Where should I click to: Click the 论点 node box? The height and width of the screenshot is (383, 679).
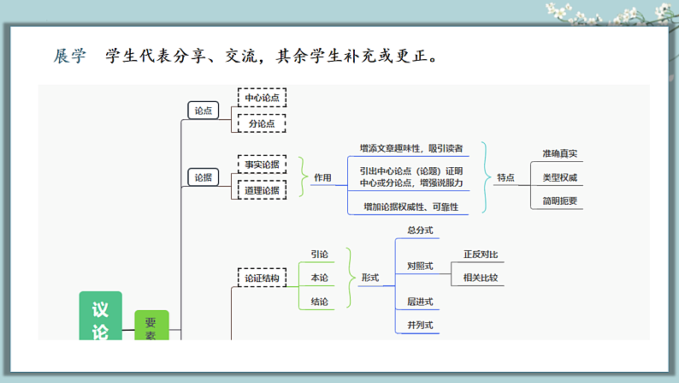(x=203, y=110)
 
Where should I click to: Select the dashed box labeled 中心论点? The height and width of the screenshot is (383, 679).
(x=262, y=98)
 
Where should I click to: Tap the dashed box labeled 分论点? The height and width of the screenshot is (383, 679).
(x=262, y=123)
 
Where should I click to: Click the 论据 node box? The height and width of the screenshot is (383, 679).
(x=203, y=177)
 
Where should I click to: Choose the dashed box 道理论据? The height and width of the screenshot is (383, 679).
(x=261, y=190)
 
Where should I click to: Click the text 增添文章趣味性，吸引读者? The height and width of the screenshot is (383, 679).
(x=410, y=148)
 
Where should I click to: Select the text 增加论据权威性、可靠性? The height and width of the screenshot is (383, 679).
(x=410, y=206)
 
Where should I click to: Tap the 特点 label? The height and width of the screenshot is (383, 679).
(x=505, y=178)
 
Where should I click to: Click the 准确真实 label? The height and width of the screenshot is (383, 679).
(x=559, y=154)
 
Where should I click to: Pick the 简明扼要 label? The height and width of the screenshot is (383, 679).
(x=559, y=201)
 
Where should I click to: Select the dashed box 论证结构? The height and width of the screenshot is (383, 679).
(x=261, y=278)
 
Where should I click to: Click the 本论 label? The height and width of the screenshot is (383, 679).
(x=319, y=278)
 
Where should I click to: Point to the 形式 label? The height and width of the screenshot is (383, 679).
(x=370, y=278)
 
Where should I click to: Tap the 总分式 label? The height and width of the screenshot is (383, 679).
(x=420, y=230)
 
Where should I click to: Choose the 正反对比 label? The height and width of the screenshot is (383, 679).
(x=480, y=254)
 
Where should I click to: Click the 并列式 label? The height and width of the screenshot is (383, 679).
(x=420, y=325)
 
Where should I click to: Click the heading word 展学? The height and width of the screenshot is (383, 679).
(x=70, y=57)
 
